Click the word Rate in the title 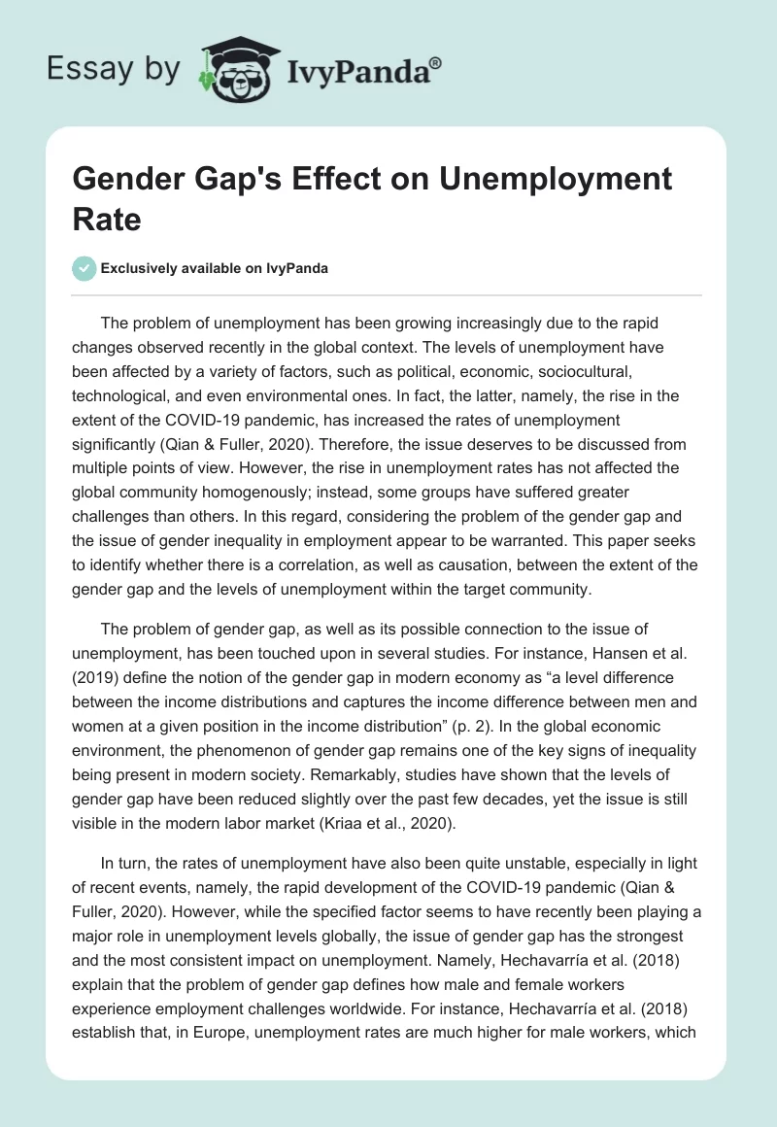[x=107, y=219]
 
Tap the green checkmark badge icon [x=85, y=268]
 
